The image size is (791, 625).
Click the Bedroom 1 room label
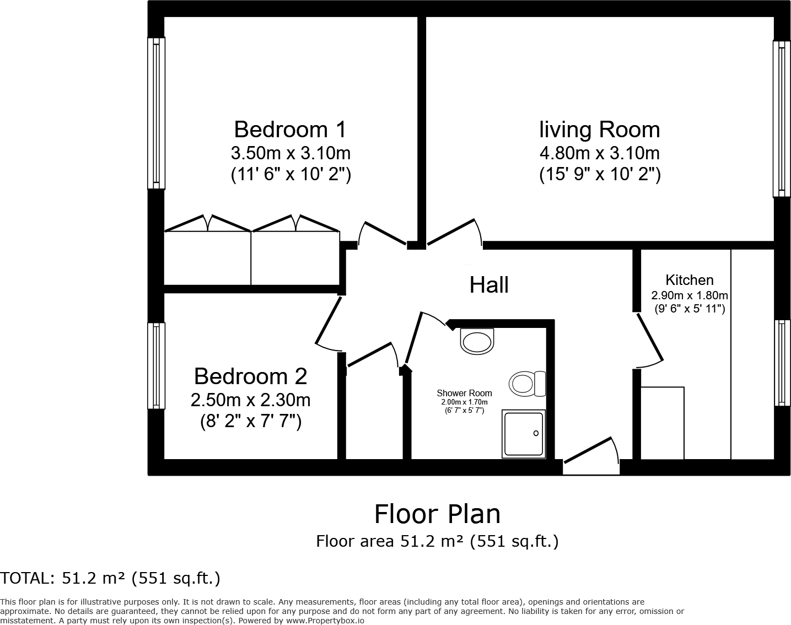290,130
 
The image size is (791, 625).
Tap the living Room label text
599,130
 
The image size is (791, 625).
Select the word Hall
489,285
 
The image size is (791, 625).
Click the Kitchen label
689,280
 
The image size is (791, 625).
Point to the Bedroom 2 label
250,376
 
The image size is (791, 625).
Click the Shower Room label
464,393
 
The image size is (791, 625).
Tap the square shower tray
523,434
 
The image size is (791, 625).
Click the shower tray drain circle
536,434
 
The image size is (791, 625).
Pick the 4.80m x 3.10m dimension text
599,152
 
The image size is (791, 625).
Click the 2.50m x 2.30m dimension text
250,400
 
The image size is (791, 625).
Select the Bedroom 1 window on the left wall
157,113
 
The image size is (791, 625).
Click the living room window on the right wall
782,118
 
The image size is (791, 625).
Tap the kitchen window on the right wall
782,363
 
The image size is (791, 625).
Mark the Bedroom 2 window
157,365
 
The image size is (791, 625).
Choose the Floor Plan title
437,514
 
